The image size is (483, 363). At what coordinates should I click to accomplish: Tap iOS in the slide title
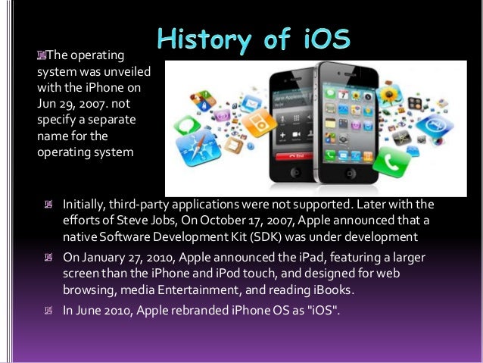326,40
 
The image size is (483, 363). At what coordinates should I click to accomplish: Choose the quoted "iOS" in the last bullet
321,310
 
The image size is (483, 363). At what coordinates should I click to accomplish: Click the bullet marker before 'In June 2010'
48,310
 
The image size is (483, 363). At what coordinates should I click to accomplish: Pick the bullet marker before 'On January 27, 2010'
48,258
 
